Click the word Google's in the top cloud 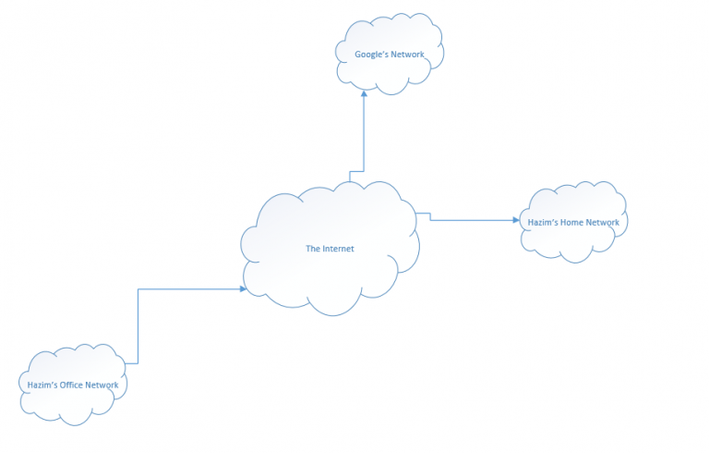(371, 55)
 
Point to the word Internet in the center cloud (338, 249)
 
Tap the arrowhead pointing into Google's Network (364, 92)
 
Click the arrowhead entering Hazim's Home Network (516, 220)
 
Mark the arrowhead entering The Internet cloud (243, 289)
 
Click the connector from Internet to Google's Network (364, 139)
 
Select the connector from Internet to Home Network (471, 220)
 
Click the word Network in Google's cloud (406, 55)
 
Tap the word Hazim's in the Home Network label (540, 223)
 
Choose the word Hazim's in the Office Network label (41, 385)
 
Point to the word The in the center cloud (313, 249)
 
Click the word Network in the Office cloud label (102, 385)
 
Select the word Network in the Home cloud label (602, 223)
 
